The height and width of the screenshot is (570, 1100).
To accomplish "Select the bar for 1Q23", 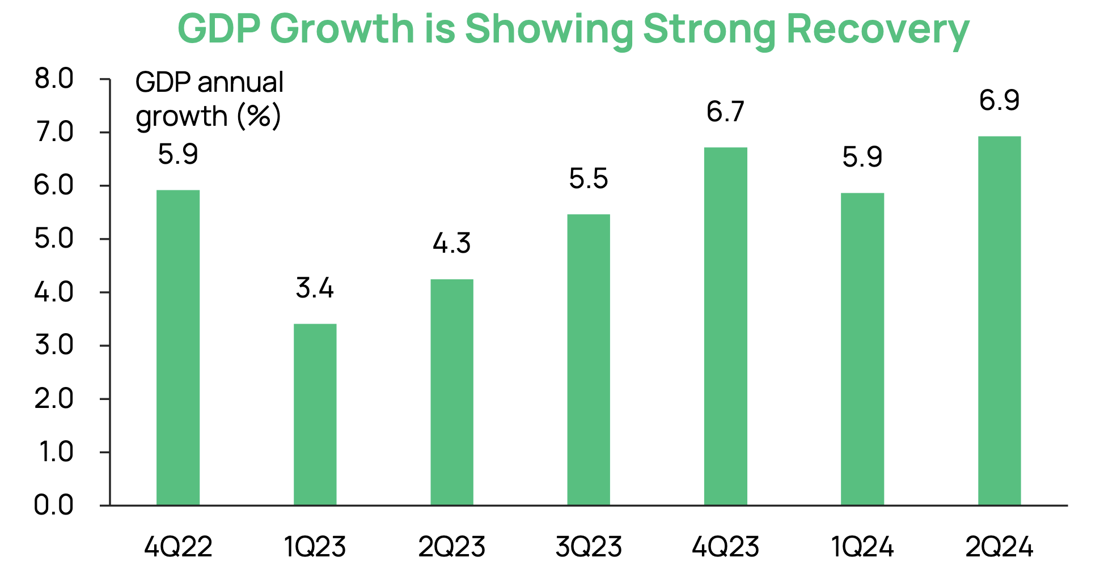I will [x=315, y=414].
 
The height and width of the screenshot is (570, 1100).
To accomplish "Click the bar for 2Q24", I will [x=999, y=321].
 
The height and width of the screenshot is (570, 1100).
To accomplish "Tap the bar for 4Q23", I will [x=725, y=326].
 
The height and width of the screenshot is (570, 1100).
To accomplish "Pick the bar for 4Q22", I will [x=178, y=347].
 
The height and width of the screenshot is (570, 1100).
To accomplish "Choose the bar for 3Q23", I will [x=589, y=360].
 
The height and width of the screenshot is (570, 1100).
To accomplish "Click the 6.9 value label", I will [x=999, y=101].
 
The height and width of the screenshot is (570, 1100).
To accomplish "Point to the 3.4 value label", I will [x=315, y=288].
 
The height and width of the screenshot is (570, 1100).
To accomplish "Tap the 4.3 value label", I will [x=451, y=244].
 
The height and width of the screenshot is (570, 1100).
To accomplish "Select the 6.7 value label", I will [x=725, y=112].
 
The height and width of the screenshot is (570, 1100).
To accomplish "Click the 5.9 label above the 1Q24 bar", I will [x=862, y=157].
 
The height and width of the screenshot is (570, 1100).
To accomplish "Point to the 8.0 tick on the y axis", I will [x=54, y=79].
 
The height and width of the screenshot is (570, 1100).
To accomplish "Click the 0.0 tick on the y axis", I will [x=54, y=505].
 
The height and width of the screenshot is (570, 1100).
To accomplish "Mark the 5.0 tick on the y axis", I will [x=54, y=239].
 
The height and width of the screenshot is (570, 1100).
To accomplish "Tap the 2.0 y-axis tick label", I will [x=54, y=399].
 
